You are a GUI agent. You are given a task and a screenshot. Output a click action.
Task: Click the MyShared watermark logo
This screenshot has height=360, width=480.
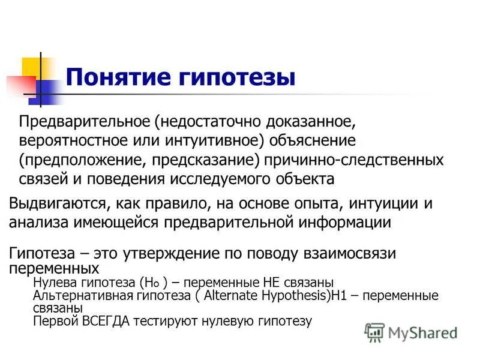[412, 332]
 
